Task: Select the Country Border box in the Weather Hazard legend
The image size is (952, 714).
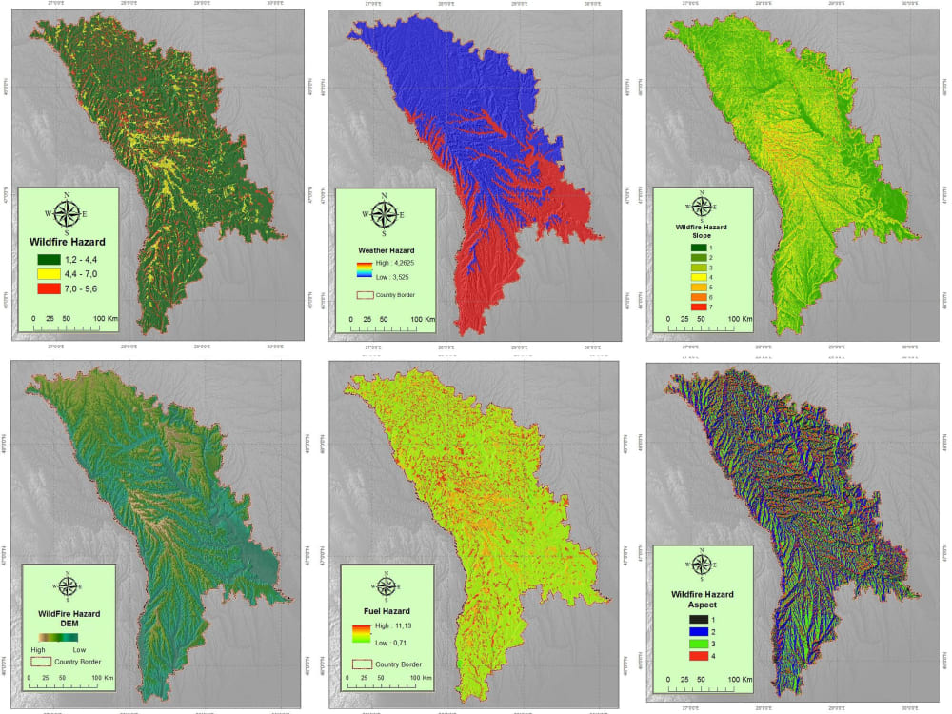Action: click(363, 295)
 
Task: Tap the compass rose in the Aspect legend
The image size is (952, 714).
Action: click(702, 564)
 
